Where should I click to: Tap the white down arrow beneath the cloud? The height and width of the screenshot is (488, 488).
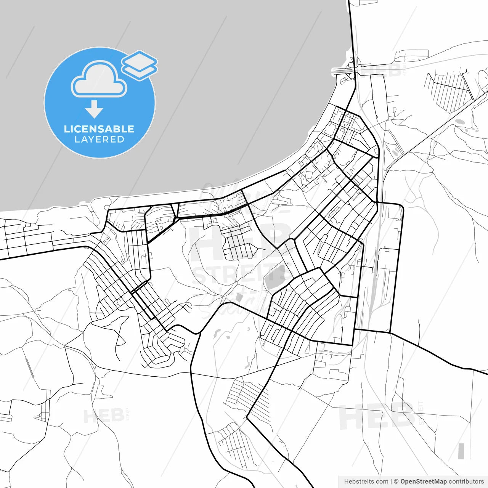(94, 109)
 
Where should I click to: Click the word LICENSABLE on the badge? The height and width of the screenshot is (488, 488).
(99, 129)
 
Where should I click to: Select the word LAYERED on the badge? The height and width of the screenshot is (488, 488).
(99, 140)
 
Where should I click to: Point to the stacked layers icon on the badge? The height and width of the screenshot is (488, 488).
(140, 65)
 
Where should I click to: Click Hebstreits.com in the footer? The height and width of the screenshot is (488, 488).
(366, 482)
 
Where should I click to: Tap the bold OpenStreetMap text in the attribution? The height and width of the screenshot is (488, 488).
(424, 482)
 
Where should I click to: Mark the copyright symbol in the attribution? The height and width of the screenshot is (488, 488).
(396, 482)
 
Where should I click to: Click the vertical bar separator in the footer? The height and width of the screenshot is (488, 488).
(391, 482)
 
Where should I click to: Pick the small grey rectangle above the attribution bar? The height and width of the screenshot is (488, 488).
(461, 451)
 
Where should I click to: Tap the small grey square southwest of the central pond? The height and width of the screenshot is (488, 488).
(239, 297)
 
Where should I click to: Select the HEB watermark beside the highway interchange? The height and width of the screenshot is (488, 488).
(381, 71)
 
